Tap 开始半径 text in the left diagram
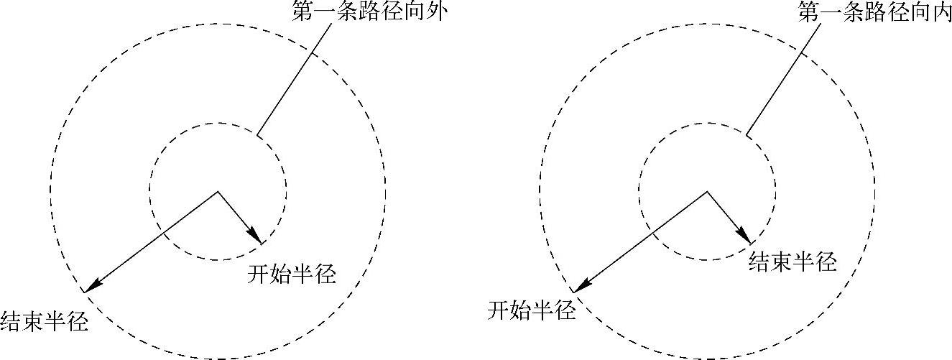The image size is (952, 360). tap(292, 274)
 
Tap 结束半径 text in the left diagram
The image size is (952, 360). tap(45, 320)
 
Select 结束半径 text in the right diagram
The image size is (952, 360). tap(792, 262)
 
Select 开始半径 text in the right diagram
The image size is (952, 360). tap(532, 310)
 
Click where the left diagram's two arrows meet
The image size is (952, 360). tap(218, 192)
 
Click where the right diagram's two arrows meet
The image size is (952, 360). tap(708, 192)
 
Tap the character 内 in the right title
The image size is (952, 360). tap(940, 11)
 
